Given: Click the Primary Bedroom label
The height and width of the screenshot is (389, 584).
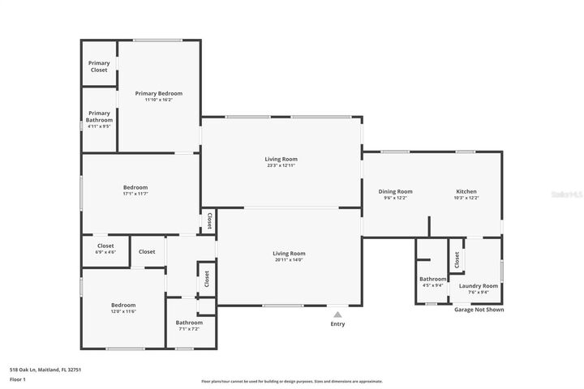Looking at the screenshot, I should tap(158, 93).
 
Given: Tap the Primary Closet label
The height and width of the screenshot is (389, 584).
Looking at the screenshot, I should tap(99, 66).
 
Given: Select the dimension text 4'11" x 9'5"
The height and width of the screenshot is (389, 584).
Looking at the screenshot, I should tap(99, 126).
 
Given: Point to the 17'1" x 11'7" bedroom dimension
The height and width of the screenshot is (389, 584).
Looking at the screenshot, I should tap(135, 194).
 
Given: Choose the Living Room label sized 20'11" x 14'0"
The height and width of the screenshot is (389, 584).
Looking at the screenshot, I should tap(288, 254).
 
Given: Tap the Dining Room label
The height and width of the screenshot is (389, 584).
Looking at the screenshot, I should tap(396, 191).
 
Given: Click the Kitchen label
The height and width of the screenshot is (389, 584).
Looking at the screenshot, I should tap(466, 191).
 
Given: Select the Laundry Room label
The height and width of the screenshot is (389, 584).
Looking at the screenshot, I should tap(479, 285).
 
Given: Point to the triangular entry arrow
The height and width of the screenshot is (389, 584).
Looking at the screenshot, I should tap(337, 314).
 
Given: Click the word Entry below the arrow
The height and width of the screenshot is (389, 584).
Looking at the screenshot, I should tap(337, 324).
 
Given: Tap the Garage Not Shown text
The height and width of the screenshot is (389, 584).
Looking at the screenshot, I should tap(479, 310).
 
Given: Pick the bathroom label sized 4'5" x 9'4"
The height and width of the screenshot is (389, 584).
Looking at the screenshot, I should tap(432, 279).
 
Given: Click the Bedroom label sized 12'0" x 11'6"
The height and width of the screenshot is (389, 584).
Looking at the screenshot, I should tap(123, 305).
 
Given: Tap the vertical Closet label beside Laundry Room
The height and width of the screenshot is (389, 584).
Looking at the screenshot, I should tap(457, 259).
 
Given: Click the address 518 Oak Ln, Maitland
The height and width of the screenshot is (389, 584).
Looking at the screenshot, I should tap(45, 370).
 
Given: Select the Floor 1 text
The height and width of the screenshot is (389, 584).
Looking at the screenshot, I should tap(18, 379).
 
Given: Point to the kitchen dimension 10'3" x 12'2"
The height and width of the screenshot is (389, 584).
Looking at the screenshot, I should tap(466, 198).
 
